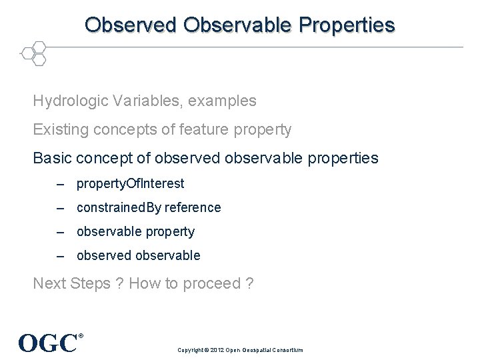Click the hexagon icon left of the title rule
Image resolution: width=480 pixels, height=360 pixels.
pyautogui.click(x=34, y=53)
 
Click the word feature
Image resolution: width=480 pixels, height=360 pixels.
pyautogui.click(x=204, y=130)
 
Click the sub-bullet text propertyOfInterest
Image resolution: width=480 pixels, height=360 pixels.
pyautogui.click(x=130, y=183)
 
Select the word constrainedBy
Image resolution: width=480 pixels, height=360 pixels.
pyautogui.click(x=119, y=207)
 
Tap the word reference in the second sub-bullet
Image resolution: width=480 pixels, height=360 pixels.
pyautogui.click(x=193, y=207)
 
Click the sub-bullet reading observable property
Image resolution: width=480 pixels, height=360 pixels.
pyautogui.click(x=135, y=231)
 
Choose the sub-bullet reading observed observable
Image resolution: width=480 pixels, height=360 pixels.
pyautogui.click(x=138, y=255)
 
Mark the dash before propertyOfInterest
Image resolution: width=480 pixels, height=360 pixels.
pyautogui.click(x=61, y=183)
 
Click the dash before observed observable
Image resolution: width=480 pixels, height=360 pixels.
pyautogui.click(x=61, y=255)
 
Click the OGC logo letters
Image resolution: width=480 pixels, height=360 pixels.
pyautogui.click(x=47, y=343)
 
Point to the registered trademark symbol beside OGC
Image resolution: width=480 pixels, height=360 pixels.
pyautogui.click(x=81, y=336)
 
